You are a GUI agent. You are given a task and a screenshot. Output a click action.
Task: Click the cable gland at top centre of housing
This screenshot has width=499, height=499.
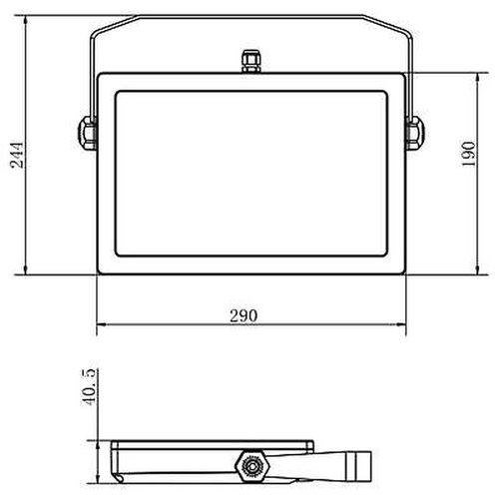249,62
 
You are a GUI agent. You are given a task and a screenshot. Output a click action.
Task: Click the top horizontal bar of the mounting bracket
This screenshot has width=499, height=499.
249,17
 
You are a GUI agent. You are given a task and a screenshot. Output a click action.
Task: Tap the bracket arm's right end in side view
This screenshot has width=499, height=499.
368,464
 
